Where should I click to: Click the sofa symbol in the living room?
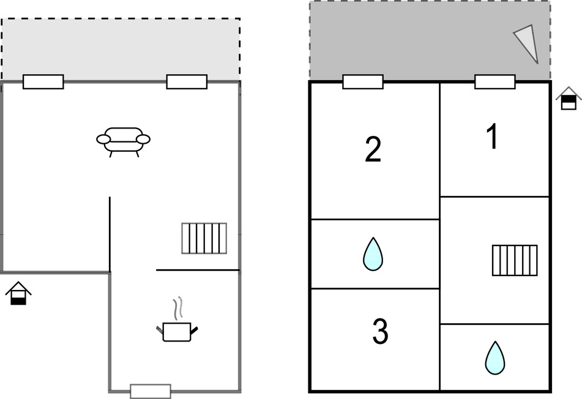tap(123, 140)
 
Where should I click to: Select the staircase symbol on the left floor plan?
tap(204, 238)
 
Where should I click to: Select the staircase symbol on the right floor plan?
tap(515, 260)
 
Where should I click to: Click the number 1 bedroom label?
tap(493, 136)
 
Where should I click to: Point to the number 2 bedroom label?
tap(373, 150)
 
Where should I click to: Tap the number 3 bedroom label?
tap(380, 332)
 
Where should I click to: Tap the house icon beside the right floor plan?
tap(569, 98)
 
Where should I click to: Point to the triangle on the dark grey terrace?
tap(528, 43)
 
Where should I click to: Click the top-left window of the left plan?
tap(43, 81)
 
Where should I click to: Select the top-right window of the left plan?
tap(187, 81)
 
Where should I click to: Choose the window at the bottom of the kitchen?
tap(151, 391)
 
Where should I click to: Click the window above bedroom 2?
tap(363, 81)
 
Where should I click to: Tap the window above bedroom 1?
tap(494, 81)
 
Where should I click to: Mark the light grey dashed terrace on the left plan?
tap(121, 49)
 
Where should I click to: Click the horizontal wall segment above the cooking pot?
tap(197, 270)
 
